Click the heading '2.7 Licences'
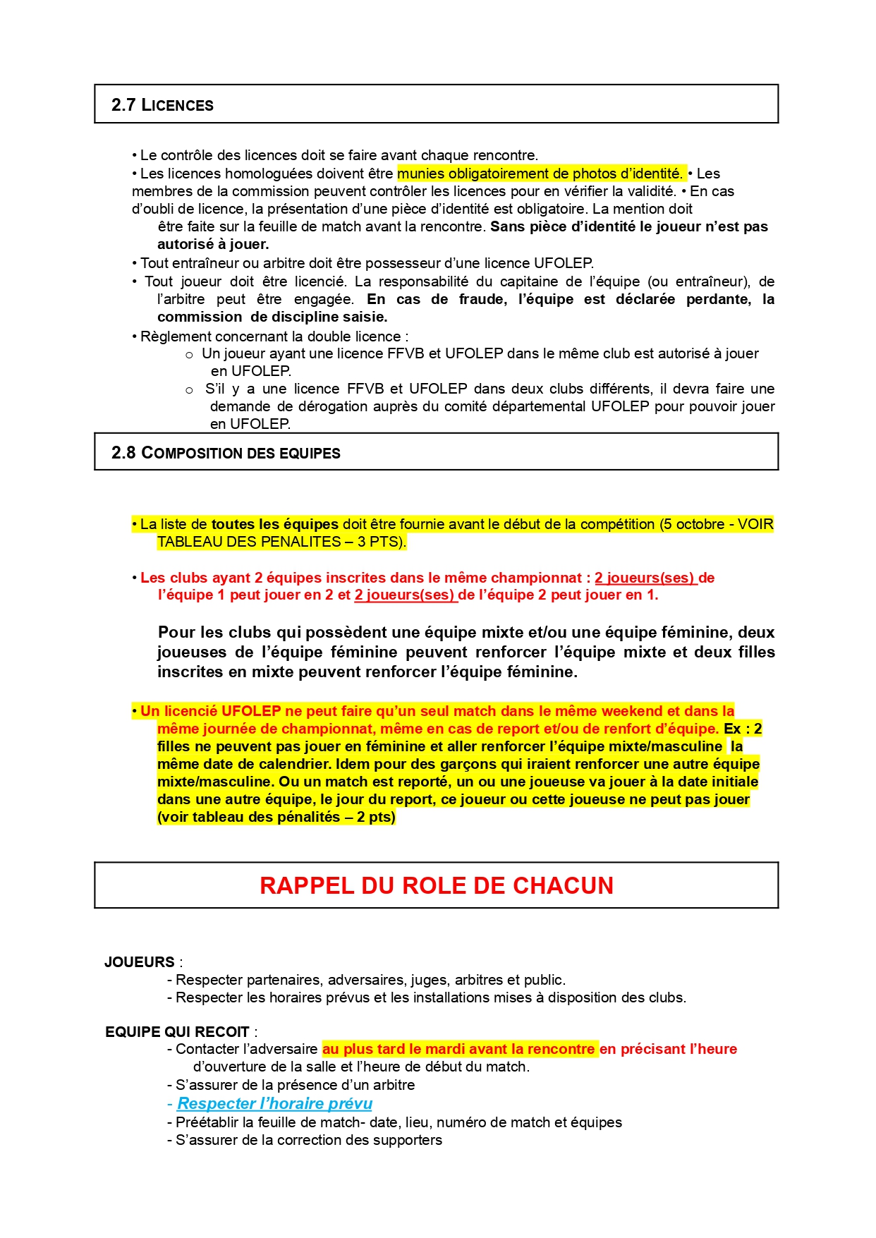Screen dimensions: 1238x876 pyautogui.click(x=162, y=105)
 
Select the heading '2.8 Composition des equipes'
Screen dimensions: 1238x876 pyautogui.click(x=226, y=453)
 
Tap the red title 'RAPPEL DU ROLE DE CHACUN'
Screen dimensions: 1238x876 pyautogui.click(x=437, y=885)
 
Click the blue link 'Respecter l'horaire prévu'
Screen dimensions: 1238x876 pyautogui.click(x=274, y=1103)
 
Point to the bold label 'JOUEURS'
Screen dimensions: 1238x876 pyautogui.click(x=140, y=962)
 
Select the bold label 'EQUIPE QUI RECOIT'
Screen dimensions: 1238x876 pyautogui.click(x=177, y=1032)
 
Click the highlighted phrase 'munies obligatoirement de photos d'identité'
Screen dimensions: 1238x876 pyautogui.click(x=540, y=174)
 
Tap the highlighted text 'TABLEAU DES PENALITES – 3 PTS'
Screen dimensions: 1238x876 pyautogui.click(x=281, y=542)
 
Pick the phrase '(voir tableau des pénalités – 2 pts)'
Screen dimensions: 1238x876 pyautogui.click(x=276, y=817)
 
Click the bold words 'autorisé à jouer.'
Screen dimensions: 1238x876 pyautogui.click(x=213, y=244)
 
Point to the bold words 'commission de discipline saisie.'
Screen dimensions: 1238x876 pyautogui.click(x=272, y=317)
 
